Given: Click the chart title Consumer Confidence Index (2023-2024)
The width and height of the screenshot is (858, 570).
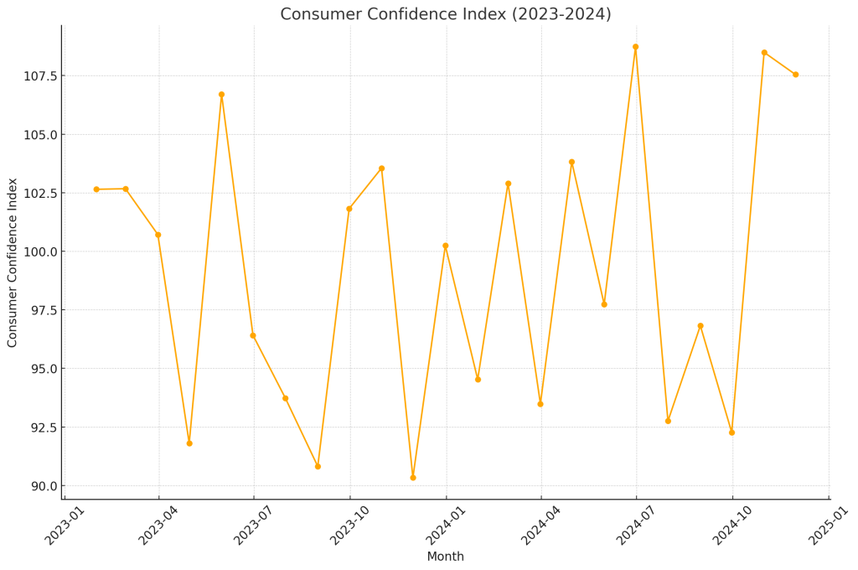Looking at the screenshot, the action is coord(446,13).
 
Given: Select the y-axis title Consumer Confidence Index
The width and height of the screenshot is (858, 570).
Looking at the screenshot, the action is coord(12,263).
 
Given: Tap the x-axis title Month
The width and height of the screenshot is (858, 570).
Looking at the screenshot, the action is coord(446,557).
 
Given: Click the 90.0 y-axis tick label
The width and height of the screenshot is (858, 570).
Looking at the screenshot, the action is coord(44,485).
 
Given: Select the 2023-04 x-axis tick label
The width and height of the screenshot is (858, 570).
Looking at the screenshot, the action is coord(158,526).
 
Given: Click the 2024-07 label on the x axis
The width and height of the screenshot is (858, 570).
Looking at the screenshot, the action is coord(636,526).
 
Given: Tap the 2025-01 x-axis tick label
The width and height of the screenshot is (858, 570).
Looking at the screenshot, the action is coord(829,526).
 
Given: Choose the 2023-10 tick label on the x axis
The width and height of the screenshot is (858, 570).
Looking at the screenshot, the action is coord(349,526).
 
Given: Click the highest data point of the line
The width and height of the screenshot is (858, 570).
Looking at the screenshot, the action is coord(636,47).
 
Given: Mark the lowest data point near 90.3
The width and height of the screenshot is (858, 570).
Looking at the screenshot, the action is coord(413,478).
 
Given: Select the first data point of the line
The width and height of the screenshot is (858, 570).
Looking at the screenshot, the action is coord(96,189).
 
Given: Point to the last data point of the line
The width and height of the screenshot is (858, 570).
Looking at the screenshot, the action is coord(796,75).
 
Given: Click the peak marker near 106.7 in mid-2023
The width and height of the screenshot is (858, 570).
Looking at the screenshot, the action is coord(221,95).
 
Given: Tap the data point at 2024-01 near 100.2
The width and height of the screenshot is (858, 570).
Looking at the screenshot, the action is coord(446,246).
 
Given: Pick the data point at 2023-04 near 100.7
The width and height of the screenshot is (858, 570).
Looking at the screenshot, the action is coord(158,235).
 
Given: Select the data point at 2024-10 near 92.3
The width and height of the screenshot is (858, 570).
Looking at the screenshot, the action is coord(732,433).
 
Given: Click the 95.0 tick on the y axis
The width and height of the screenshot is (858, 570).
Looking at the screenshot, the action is coord(44,369).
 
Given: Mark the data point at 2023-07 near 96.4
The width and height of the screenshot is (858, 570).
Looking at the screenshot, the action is coord(253,335).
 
